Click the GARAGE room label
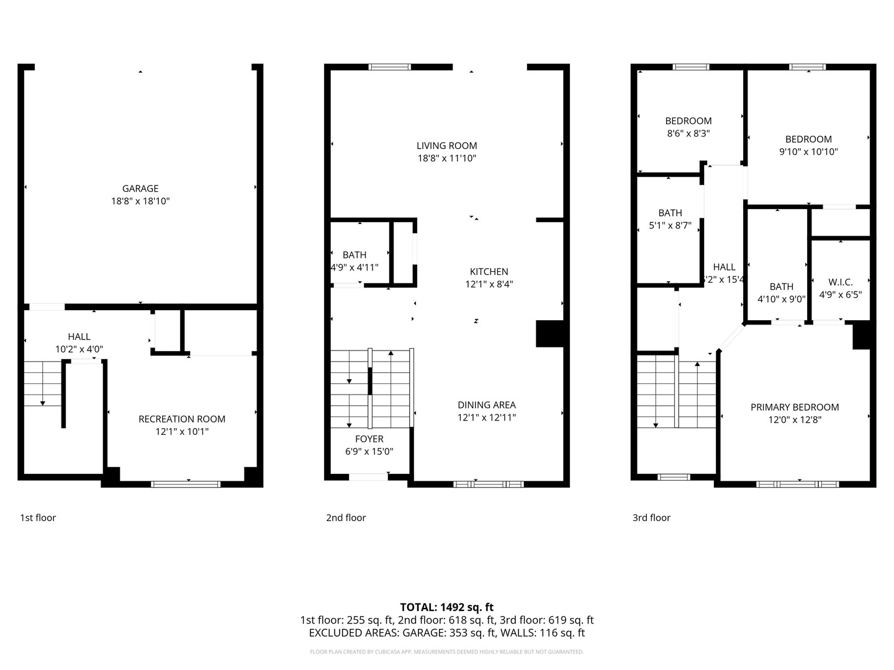tap(140, 189)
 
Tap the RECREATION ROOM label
tap(182, 419)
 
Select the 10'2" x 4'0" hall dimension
tap(79, 349)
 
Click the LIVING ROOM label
tap(446, 146)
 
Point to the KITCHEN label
tap(489, 272)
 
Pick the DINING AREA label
tap(487, 405)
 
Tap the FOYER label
tap(369, 439)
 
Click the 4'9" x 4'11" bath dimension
tap(354, 267)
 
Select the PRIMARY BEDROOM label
tap(795, 408)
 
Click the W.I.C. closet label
tap(840, 282)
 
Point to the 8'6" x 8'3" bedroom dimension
tap(688, 133)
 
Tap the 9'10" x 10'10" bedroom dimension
tap(808, 152)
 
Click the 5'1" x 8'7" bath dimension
tap(670, 226)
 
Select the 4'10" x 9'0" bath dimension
tap(781, 299)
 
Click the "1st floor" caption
tap(38, 518)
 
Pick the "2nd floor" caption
tap(346, 518)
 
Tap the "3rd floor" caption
tap(651, 518)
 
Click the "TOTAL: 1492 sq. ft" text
tap(446, 607)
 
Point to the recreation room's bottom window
tap(186, 484)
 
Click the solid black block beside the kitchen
tap(549, 334)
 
